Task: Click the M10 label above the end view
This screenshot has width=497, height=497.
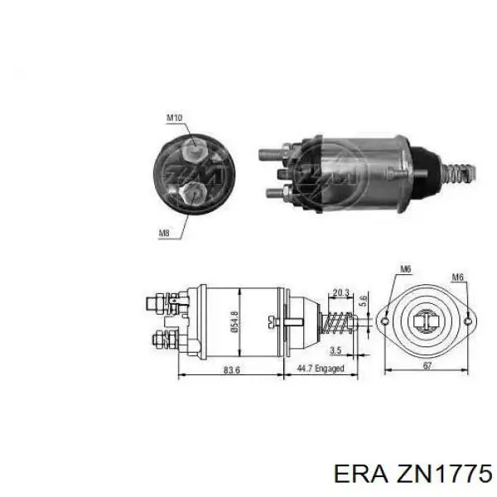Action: pos(175,118)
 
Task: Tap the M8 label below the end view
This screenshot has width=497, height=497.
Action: pos(164,234)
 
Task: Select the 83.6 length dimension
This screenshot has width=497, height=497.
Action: pos(232,369)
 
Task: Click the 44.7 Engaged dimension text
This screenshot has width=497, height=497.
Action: pos(320,369)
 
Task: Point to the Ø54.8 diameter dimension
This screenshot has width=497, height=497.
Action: pos(235,321)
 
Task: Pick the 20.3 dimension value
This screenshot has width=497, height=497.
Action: pos(340,292)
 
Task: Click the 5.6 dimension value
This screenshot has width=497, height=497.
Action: pos(364,300)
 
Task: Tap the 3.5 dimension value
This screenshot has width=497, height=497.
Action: pos(335,350)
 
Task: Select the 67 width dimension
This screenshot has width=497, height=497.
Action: pos(427,366)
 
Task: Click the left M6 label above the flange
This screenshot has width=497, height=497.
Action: pos(405,269)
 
